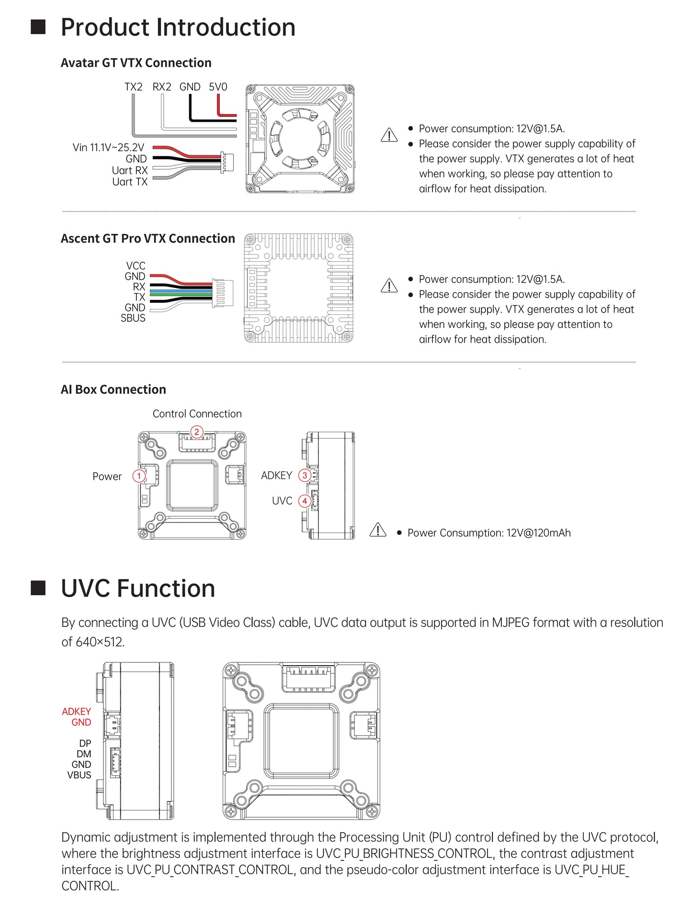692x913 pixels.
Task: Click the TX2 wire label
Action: point(134,87)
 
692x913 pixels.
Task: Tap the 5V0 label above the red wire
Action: point(218,87)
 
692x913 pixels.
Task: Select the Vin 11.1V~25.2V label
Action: point(108,148)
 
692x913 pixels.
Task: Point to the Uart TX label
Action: point(130,182)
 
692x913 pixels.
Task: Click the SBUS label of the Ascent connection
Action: point(133,318)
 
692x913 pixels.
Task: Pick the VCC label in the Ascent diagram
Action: point(136,266)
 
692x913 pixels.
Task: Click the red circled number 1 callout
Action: point(139,476)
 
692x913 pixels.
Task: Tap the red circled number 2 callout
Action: point(196,432)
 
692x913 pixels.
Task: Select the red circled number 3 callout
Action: point(305,475)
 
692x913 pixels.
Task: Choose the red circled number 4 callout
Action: point(305,501)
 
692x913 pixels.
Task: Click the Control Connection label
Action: point(197,414)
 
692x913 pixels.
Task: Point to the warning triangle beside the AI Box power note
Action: point(378,530)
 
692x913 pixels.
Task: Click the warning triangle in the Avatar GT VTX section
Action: point(389,135)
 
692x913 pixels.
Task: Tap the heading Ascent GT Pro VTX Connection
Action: point(148,239)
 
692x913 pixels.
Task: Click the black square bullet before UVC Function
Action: point(38,588)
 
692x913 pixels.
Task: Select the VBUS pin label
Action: point(79,775)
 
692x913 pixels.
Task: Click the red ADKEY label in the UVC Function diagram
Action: point(77,712)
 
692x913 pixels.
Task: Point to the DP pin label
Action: point(85,743)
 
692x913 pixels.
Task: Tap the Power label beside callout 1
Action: point(107,476)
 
